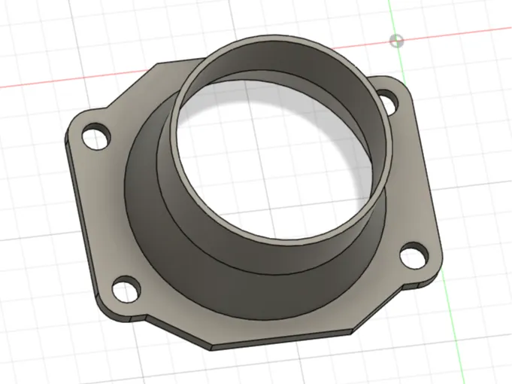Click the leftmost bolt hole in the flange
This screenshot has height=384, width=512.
(x=95, y=137)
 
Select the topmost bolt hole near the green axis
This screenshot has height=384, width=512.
(x=388, y=99)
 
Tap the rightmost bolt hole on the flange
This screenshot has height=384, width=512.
(x=411, y=256)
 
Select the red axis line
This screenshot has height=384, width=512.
(x=60, y=82)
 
